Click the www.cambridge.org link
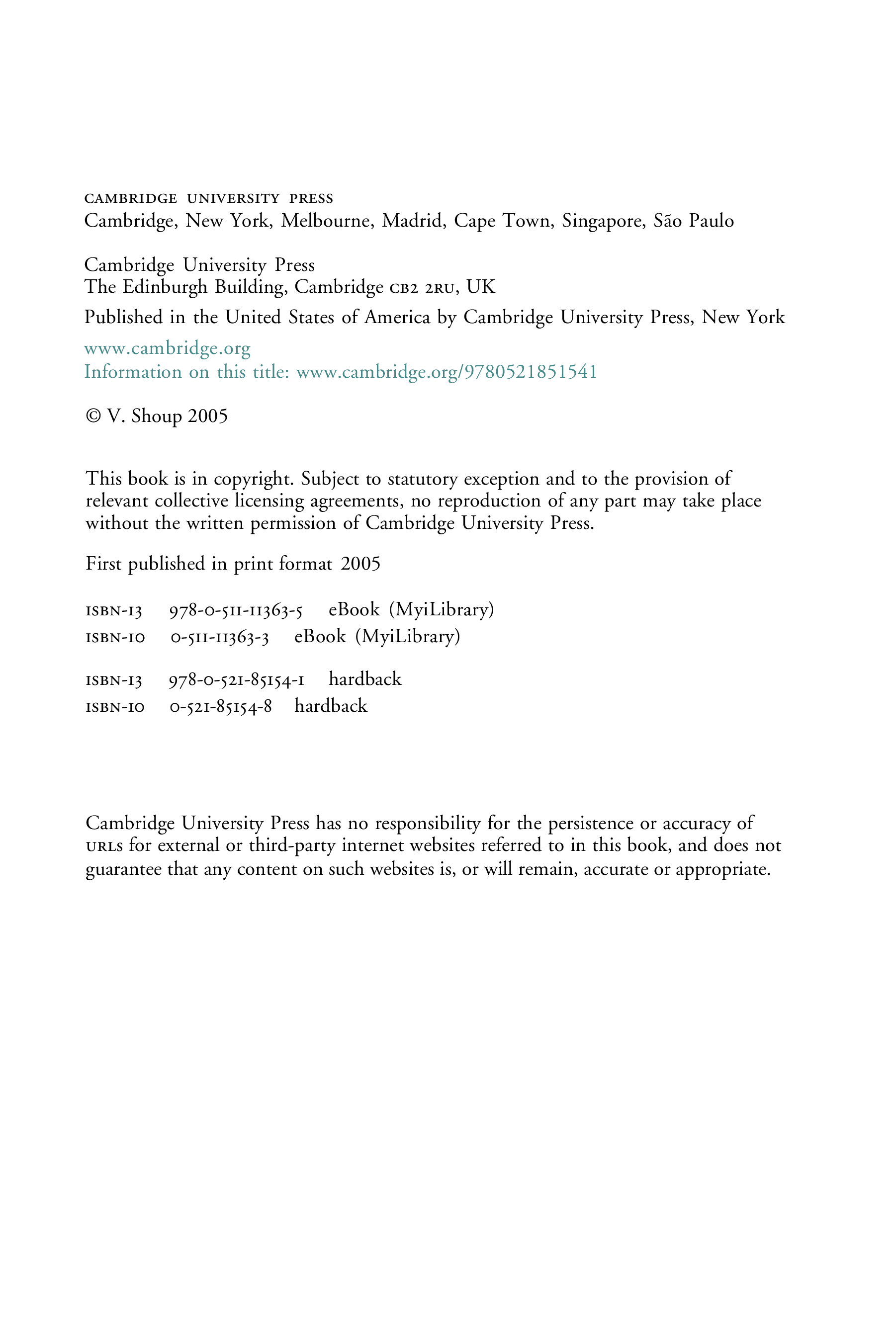pyautogui.click(x=167, y=348)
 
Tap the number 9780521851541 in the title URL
pyautogui.click(x=530, y=372)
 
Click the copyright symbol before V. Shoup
pyautogui.click(x=92, y=416)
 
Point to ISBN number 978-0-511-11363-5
pyautogui.click(x=236, y=610)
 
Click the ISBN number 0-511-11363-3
pyautogui.click(x=220, y=637)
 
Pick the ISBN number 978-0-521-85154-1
pyautogui.click(x=236, y=680)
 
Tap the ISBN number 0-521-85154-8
pyautogui.click(x=221, y=707)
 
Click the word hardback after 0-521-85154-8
pyautogui.click(x=331, y=706)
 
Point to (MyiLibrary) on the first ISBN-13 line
pyautogui.click(x=441, y=610)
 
